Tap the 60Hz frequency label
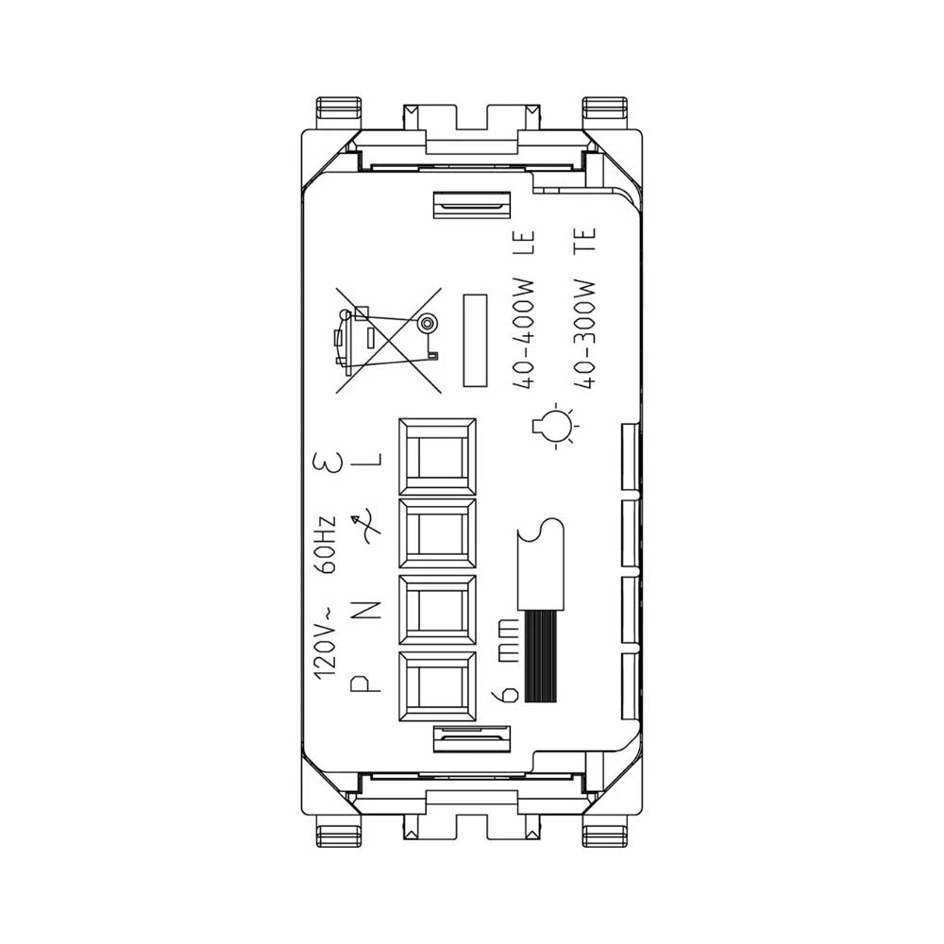pyautogui.click(x=326, y=545)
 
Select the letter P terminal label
pyautogui.click(x=368, y=683)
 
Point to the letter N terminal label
pyautogui.click(x=368, y=609)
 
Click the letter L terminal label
pyautogui.click(x=368, y=460)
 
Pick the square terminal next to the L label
pyautogui.click(x=437, y=456)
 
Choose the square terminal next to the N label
pyautogui.click(x=437, y=613)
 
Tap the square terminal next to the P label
pyautogui.click(x=437, y=689)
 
